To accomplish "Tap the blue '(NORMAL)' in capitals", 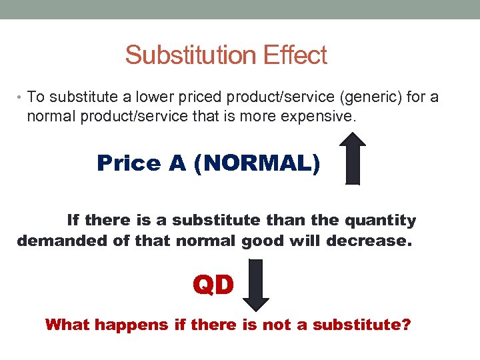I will [x=257, y=163].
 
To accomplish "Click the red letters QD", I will [x=213, y=285].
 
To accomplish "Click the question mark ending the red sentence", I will [x=407, y=325].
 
